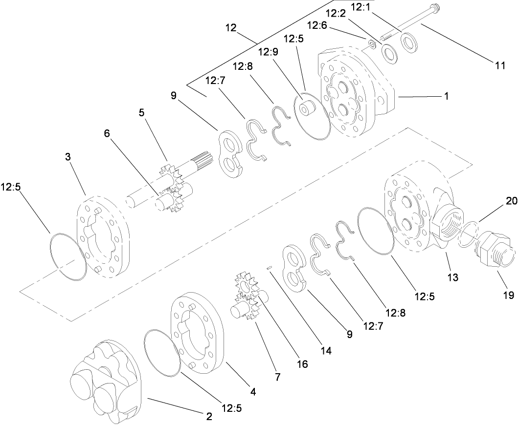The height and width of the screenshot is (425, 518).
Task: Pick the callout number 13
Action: [452, 277]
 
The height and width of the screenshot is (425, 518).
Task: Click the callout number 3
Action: [68, 156]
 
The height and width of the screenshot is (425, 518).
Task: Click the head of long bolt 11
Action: [434, 9]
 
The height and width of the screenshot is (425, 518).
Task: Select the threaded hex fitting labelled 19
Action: [494, 249]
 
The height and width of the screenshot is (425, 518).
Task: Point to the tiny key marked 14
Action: [269, 267]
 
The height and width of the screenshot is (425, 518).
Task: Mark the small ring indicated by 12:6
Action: [372, 45]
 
